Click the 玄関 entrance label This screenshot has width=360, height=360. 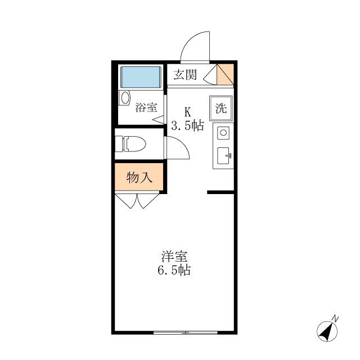[x=184, y=75]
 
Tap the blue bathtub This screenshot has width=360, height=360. [x=142, y=76]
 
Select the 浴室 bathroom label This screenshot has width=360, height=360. [x=146, y=107]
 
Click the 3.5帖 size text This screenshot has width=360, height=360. [x=187, y=126]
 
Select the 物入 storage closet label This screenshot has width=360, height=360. [x=139, y=178]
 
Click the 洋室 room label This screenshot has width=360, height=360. [x=174, y=256]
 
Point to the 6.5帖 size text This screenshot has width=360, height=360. [x=174, y=271]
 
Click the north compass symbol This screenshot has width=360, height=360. [x=325, y=331]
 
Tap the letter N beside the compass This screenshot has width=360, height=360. [x=336, y=318]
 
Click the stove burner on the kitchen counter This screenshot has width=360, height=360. [x=223, y=133]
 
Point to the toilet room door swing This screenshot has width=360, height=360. [x=175, y=149]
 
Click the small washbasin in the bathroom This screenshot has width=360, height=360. [x=124, y=98]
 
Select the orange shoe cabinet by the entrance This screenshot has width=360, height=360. [x=226, y=74]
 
